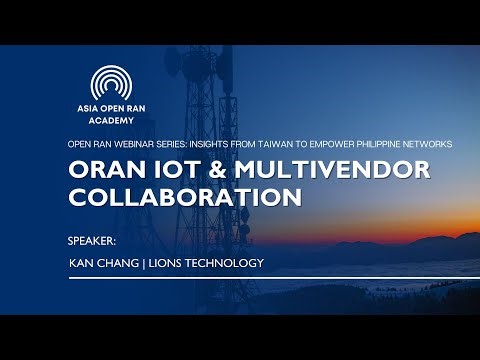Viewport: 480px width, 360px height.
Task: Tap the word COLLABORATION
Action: coord(185,197)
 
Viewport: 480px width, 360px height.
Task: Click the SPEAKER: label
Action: coord(91,240)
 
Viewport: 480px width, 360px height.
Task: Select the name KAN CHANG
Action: coord(107,263)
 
